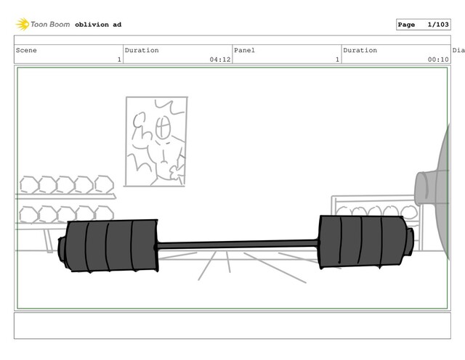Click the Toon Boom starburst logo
[23, 24]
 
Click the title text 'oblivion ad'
[98, 25]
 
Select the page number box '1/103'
[423, 25]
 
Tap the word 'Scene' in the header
[26, 50]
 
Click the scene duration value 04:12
[220, 60]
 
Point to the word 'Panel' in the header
[244, 50]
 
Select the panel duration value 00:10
[438, 60]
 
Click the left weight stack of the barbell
[111, 245]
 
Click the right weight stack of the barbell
[363, 242]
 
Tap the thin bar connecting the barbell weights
[238, 245]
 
